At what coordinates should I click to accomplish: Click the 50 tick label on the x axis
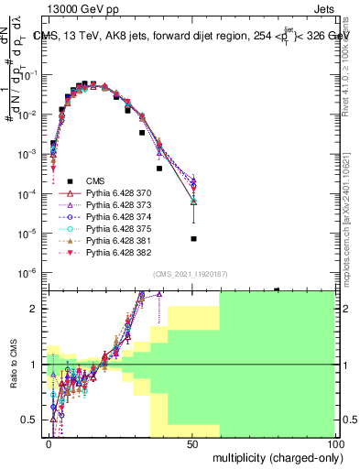coord(192,443)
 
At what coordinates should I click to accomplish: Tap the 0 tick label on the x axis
coord(49,443)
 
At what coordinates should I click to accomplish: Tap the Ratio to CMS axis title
coord(12,365)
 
